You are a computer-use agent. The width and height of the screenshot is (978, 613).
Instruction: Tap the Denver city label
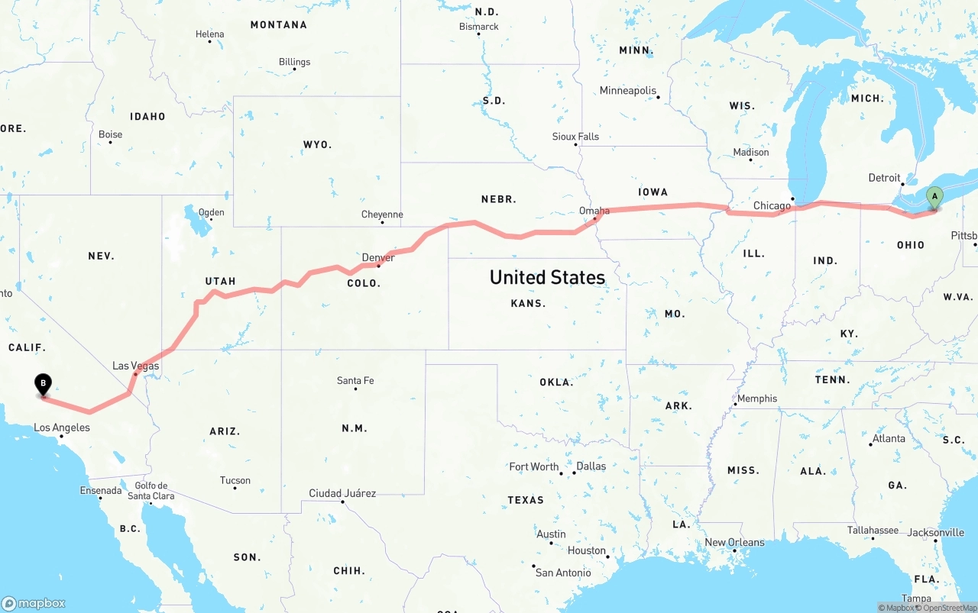click(x=378, y=257)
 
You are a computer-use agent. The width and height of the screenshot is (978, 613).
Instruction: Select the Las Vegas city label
click(x=136, y=366)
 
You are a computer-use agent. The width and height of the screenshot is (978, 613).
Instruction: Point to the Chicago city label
click(x=772, y=205)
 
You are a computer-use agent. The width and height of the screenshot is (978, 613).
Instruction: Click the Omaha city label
click(x=594, y=211)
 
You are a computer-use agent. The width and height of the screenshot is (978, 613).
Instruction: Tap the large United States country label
click(x=547, y=277)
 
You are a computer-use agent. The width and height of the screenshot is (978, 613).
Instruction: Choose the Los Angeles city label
click(x=62, y=427)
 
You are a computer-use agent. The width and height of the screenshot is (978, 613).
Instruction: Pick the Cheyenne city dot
click(x=382, y=222)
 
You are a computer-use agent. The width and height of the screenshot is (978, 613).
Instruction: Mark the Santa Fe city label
click(x=355, y=381)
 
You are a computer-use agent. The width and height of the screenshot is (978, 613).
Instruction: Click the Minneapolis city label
click(x=628, y=91)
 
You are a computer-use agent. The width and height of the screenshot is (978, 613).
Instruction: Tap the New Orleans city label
click(x=734, y=543)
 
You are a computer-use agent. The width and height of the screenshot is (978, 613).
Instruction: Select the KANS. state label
click(x=528, y=303)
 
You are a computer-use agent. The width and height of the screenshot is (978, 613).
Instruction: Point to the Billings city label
click(x=294, y=62)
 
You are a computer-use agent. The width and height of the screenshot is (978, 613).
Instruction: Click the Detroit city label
click(x=884, y=178)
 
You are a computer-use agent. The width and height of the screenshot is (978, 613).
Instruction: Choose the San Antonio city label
click(x=563, y=573)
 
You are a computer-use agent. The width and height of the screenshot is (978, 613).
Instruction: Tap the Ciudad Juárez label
click(x=342, y=493)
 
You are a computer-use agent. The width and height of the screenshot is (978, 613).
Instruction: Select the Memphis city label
click(x=757, y=398)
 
